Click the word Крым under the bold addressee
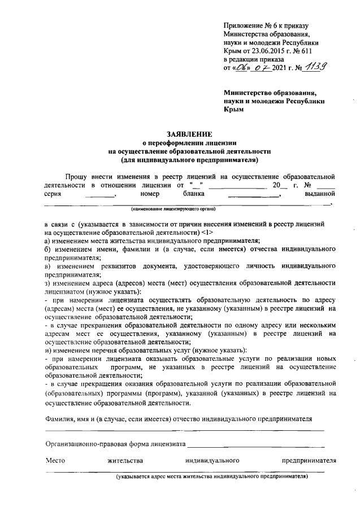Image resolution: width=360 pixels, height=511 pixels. (234, 110)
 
